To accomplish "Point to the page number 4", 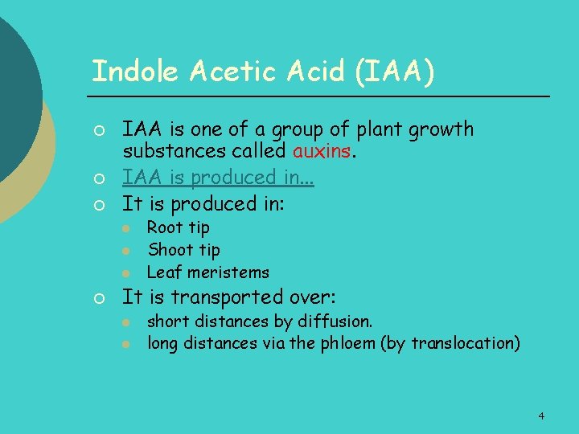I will pyautogui.click(x=541, y=416).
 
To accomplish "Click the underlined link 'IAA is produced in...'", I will pyautogui.click(x=217, y=177).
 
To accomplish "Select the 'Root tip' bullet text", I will pyautogui.click(x=178, y=227).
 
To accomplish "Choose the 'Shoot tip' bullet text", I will pyautogui.click(x=183, y=250).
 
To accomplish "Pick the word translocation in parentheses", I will pyautogui.click(x=463, y=344).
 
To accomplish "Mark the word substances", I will pyautogui.click(x=170, y=150).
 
